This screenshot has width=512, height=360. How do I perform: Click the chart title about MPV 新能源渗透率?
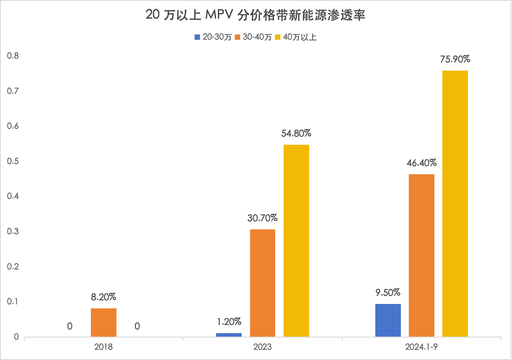pos(256,16)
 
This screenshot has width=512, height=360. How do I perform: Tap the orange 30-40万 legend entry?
pos(254,37)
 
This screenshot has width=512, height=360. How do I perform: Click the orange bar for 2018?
pos(104,322)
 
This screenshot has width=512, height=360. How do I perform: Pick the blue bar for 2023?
pos(229,335)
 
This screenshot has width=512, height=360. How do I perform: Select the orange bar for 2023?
pos(262,283)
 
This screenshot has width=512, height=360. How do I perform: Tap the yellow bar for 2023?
pos(296,241)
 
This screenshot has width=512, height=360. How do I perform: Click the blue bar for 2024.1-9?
pos(388,320)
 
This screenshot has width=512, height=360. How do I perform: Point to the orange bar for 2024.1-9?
pos(422,255)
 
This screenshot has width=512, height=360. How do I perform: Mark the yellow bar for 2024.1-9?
pos(455,204)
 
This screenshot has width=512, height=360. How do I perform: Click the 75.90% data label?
pos(455,59)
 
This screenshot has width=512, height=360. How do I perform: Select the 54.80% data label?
pos(296,133)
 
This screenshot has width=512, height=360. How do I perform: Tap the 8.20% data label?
pos(104,296)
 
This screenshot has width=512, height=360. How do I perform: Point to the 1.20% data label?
pos(229,322)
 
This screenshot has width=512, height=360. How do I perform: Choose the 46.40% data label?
pos(422,163)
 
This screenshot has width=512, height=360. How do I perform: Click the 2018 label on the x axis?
pos(104,347)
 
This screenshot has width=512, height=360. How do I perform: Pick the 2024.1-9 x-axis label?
pos(422,347)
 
